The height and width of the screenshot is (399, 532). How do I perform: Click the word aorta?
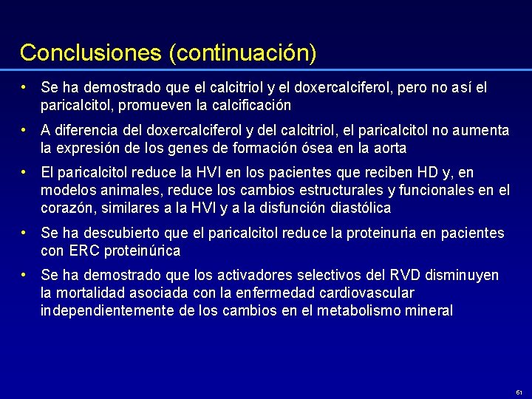point(389,148)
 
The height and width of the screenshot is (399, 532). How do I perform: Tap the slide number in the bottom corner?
point(519,392)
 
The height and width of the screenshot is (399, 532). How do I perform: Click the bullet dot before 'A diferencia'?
point(25,129)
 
